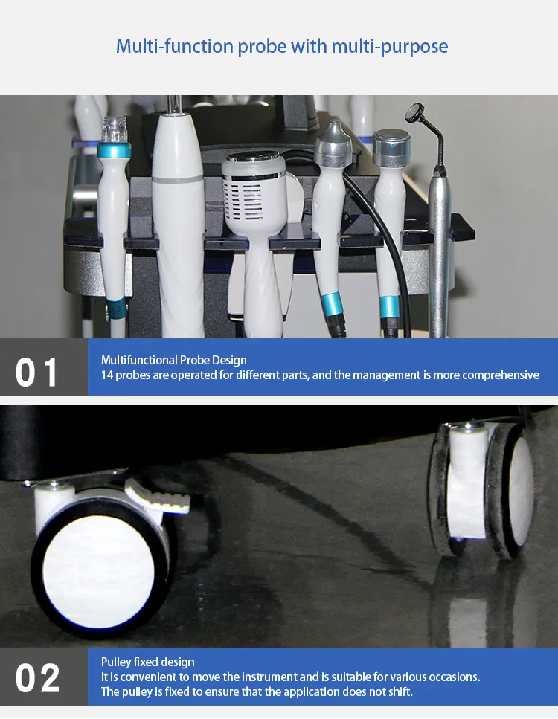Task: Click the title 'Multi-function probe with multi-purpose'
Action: pyautogui.click(x=281, y=47)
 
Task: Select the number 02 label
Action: pyautogui.click(x=36, y=677)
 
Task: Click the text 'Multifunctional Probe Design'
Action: pyautogui.click(x=173, y=360)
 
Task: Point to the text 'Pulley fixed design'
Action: pyautogui.click(x=147, y=662)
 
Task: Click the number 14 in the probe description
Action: pyautogui.click(x=107, y=375)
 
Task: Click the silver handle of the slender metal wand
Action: pyautogui.click(x=441, y=245)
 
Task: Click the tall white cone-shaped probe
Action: pyautogui.click(x=178, y=216)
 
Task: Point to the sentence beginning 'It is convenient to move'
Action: pyautogui.click(x=290, y=677)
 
